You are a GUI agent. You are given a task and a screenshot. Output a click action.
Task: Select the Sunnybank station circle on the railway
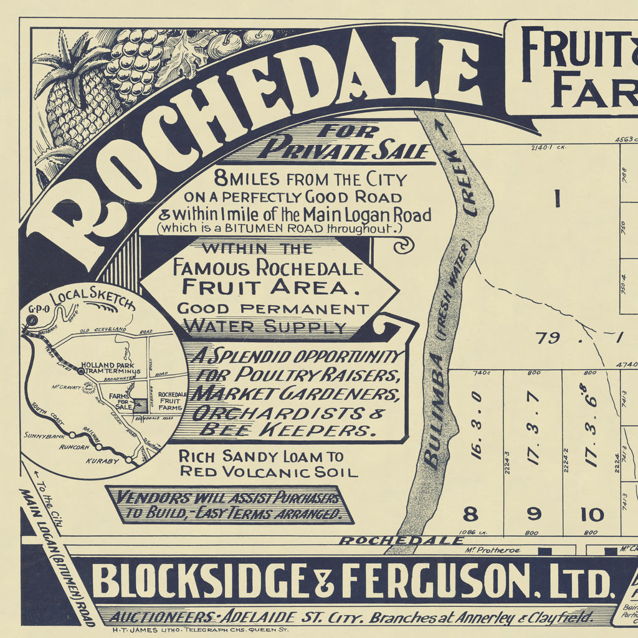[72, 435]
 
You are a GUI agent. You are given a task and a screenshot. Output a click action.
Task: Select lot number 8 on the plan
[470, 515]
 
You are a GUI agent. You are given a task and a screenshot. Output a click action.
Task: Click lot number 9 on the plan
[534, 515]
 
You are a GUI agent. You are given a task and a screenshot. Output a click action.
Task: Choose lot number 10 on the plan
[592, 515]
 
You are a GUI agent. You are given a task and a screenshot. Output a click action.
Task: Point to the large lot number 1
[557, 199]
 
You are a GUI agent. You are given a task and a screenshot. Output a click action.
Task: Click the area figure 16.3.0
[477, 426]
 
